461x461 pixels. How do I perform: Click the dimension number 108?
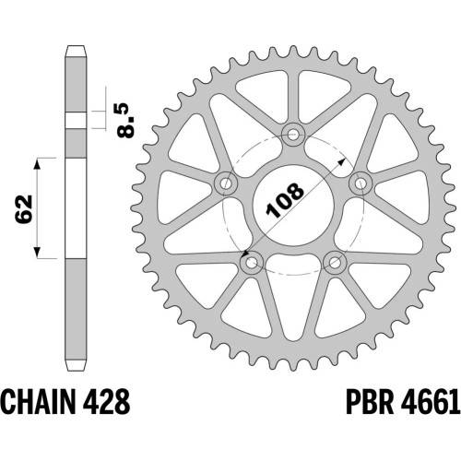(x=285, y=200)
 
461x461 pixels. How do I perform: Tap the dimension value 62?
(x=24, y=208)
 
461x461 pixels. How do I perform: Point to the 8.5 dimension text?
(x=125, y=120)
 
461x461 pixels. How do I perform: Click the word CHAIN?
(x=38, y=402)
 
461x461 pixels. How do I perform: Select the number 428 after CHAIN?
(x=105, y=402)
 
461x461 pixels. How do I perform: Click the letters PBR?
(x=370, y=402)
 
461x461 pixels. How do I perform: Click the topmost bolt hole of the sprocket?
(x=293, y=135)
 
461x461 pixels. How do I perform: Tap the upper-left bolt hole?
(x=226, y=183)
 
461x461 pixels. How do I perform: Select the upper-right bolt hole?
(x=361, y=183)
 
